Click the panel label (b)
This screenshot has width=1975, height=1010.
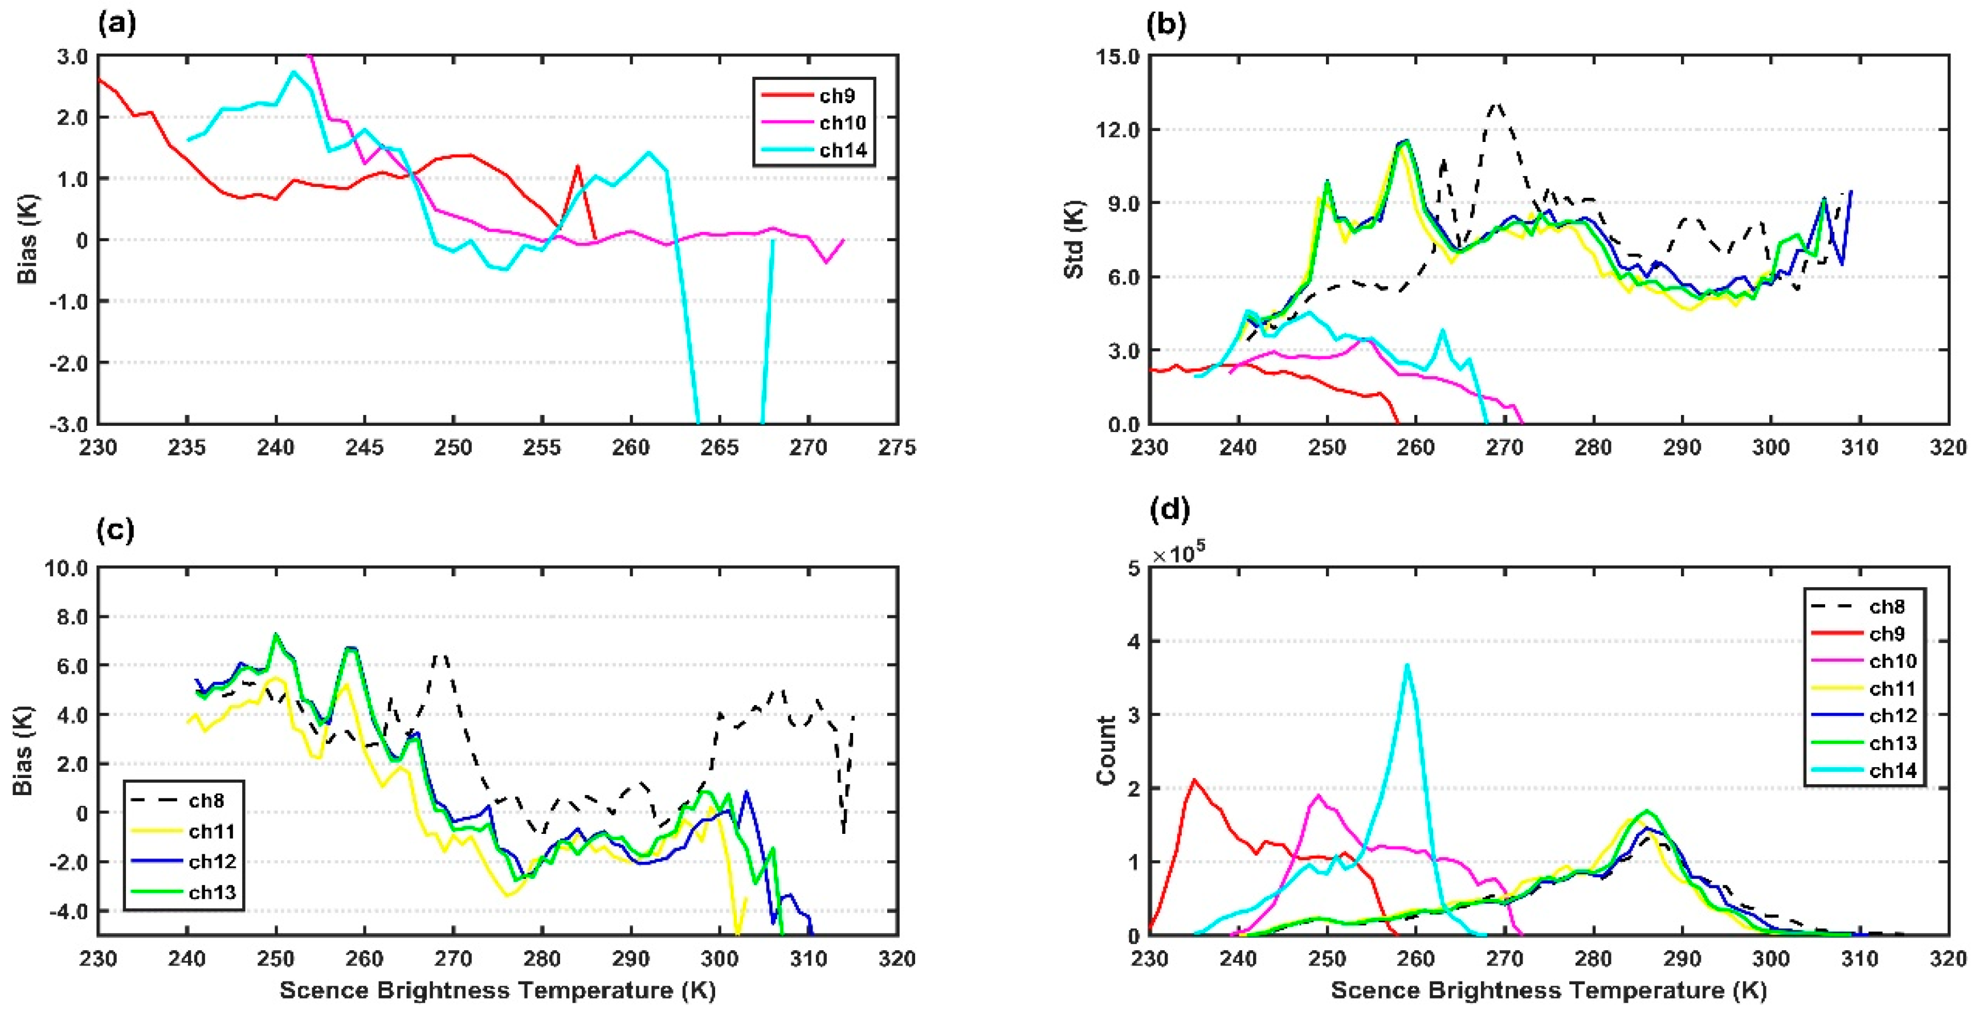tap(1165, 25)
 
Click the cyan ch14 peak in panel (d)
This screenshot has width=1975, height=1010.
tap(1407, 666)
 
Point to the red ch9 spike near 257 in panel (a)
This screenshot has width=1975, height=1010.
tap(577, 166)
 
